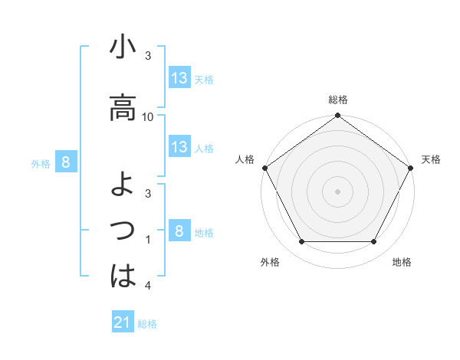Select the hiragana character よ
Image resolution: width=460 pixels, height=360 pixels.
pos(122,185)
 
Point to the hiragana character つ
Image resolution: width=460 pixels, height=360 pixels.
pos(122,229)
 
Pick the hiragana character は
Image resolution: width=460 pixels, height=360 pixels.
pos(122,276)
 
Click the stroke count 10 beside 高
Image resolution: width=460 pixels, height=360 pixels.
pos(149,116)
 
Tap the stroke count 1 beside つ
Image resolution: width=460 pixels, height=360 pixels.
pos(149,241)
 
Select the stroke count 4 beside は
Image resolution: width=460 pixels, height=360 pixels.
pos(149,286)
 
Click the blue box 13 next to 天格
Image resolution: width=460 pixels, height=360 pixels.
pos(179,78)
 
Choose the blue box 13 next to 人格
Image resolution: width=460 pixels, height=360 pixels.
pos(179,147)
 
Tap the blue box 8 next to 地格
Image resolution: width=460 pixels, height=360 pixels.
pos(179,231)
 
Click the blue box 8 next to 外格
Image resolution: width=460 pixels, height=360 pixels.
pos(66,162)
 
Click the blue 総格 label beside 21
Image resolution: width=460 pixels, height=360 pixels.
pos(147,324)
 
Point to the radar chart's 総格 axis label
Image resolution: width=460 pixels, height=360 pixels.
pos(337,100)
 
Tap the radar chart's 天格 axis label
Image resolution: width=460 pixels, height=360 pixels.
pos(431,159)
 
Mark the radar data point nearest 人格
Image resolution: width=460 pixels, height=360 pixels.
pos(264,168)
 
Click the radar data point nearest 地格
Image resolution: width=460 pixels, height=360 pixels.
pos(374,242)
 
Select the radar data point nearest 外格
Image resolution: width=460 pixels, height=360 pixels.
pos(301,242)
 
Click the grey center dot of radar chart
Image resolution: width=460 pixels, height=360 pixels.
pos(337,191)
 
